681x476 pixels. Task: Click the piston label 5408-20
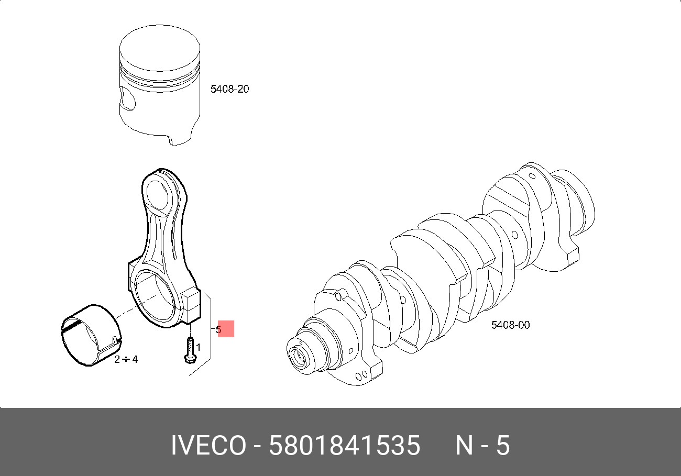229,89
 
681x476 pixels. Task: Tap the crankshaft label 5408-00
510,325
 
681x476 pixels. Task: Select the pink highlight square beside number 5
226,328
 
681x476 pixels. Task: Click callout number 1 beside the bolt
198,347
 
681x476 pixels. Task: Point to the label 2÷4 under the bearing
126,360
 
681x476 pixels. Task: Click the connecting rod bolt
190,350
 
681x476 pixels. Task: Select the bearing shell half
91,335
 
